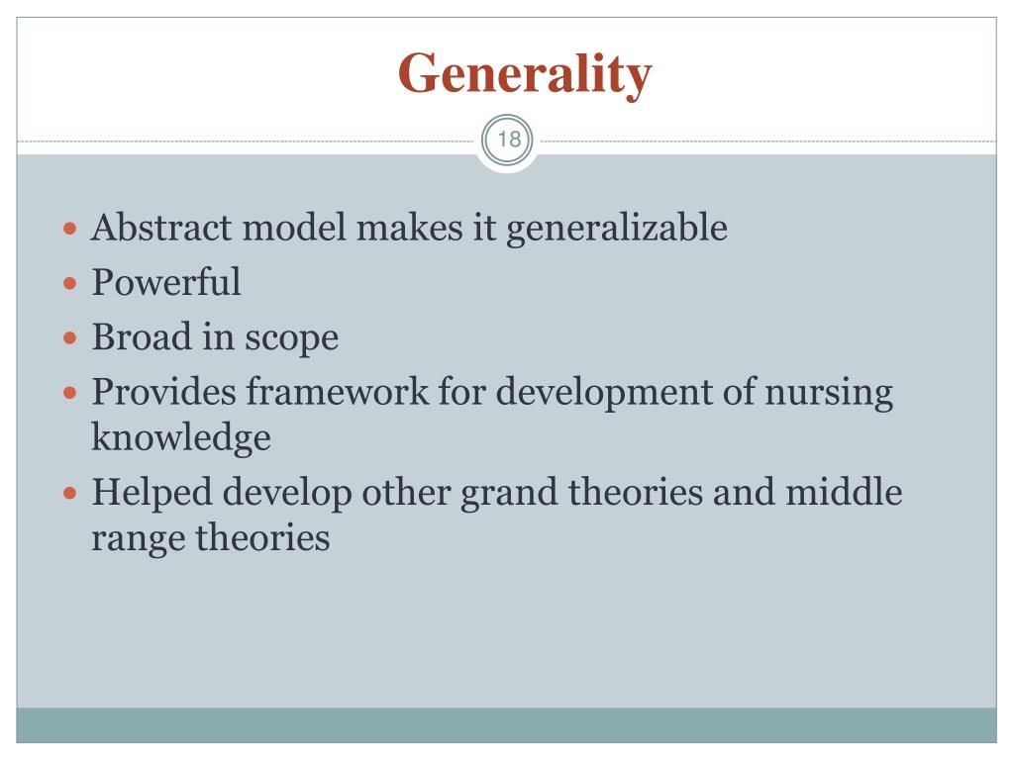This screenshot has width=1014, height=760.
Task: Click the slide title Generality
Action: pyautogui.click(x=525, y=73)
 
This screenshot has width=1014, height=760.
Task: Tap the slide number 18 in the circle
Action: pyautogui.click(x=508, y=140)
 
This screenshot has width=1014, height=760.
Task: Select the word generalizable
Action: pyautogui.click(x=617, y=230)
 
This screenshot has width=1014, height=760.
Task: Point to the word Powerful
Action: pyautogui.click(x=166, y=283)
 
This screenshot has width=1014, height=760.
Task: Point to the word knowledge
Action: pyautogui.click(x=181, y=437)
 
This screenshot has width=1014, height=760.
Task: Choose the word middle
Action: pyautogui.click(x=844, y=492)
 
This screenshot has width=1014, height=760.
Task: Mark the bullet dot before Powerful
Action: pyautogui.click(x=69, y=283)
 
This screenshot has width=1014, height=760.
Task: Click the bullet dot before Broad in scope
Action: pyautogui.click(x=69, y=337)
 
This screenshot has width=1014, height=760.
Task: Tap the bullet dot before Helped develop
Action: pyautogui.click(x=69, y=492)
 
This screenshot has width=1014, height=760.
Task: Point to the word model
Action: pyautogui.click(x=295, y=228)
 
